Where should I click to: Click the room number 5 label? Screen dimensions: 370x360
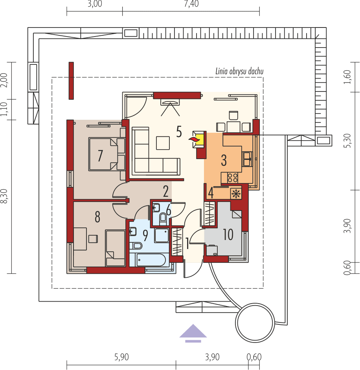[x=179, y=132]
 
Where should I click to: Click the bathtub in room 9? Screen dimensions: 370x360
[x=151, y=260]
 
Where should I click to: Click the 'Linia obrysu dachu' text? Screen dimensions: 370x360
[x=239, y=71]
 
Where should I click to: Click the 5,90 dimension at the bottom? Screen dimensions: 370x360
[x=121, y=357]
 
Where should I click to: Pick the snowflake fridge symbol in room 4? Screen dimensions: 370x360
[x=236, y=193]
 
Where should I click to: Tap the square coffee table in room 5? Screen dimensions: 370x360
[x=163, y=143]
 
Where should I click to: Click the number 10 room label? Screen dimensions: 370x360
[x=228, y=234]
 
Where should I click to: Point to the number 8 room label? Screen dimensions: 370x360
[x=97, y=216]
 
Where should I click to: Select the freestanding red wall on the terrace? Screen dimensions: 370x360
[x=71, y=80]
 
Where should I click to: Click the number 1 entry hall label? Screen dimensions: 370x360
[x=187, y=245]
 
